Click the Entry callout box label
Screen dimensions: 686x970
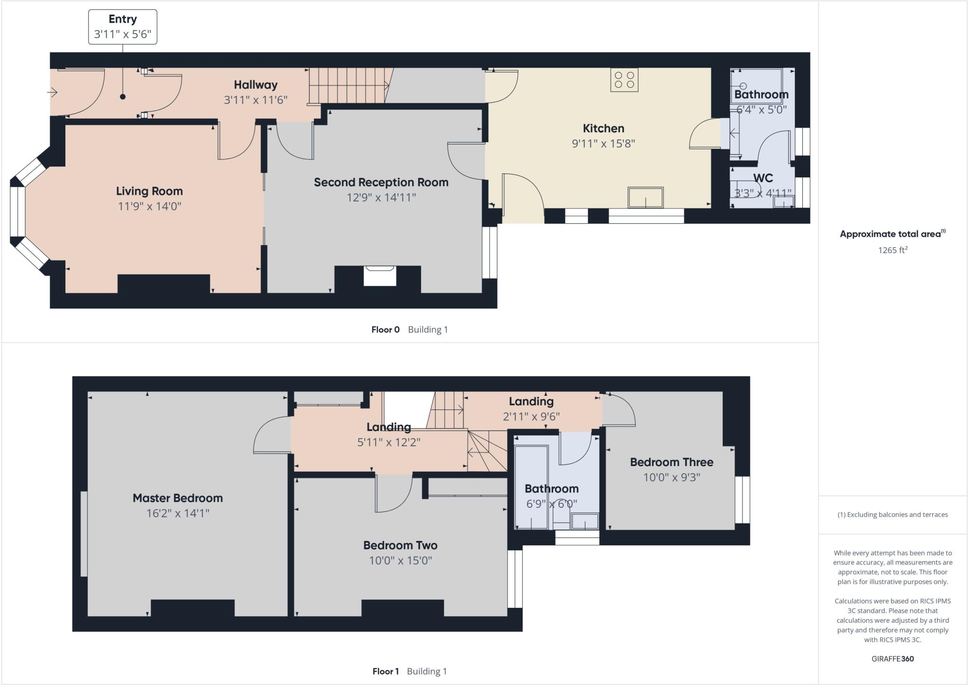click(123, 19)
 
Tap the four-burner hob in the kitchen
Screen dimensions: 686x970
click(624, 80)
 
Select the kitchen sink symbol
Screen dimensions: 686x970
click(645, 197)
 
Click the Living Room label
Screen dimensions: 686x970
click(149, 191)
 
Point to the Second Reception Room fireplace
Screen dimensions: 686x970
click(379, 275)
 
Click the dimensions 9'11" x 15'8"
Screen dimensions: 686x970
click(603, 143)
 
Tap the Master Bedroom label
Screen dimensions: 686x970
click(178, 498)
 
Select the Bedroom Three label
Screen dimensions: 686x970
click(671, 462)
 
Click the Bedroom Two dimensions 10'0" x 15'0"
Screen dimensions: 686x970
click(400, 560)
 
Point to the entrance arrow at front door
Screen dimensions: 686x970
click(52, 92)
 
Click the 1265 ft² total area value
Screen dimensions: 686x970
click(892, 250)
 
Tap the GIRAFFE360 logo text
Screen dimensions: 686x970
click(892, 659)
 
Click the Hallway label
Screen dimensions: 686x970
click(255, 85)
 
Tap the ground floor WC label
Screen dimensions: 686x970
click(763, 178)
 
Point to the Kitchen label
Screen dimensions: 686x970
click(603, 128)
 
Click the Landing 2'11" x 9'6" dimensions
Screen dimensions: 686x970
click(531, 416)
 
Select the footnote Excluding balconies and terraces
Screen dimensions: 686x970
click(892, 514)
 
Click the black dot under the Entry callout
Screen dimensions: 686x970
click(123, 97)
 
